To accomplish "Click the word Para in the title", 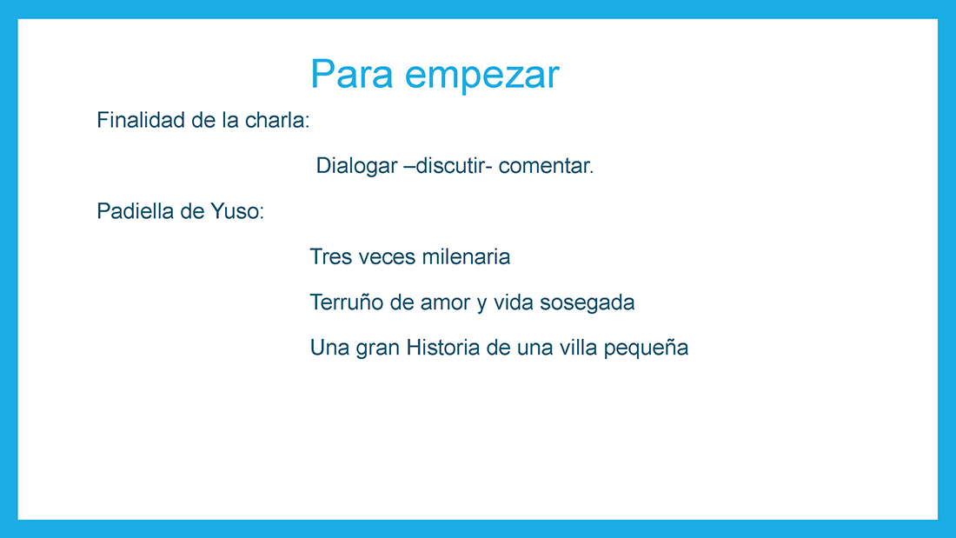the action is [352, 74].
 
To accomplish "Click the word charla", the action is [276, 120].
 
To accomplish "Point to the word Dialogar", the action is [356, 166].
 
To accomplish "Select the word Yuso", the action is [237, 211].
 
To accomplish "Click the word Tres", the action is [331, 256].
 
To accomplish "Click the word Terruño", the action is [347, 302].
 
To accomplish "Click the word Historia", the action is [443, 348].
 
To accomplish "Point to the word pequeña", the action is [646, 349].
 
